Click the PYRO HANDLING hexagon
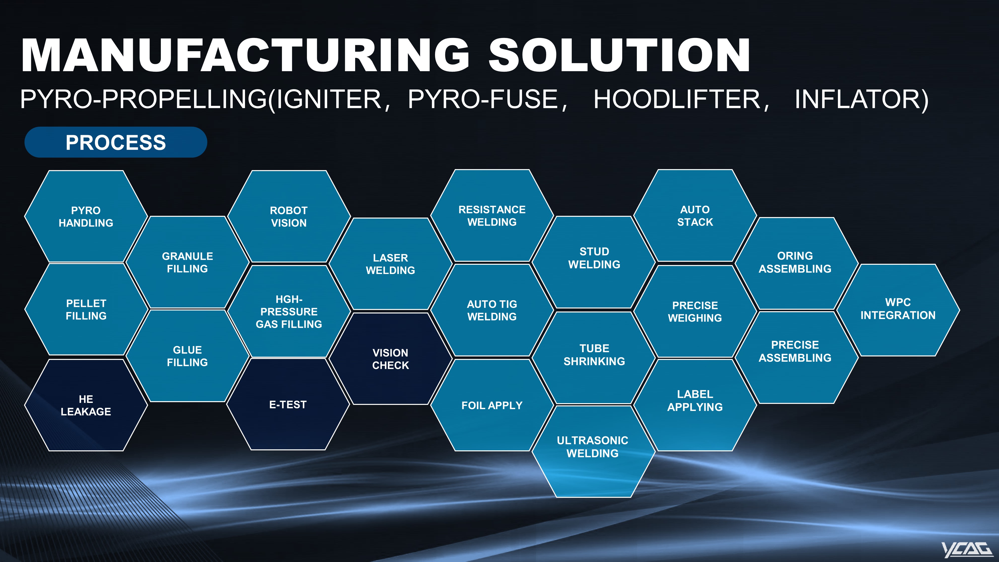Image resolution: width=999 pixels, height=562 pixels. pos(86,216)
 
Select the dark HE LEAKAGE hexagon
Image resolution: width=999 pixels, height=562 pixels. pos(86,405)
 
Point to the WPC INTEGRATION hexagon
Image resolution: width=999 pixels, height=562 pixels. pos(898,310)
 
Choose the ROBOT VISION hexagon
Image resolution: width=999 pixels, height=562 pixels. pos(289,216)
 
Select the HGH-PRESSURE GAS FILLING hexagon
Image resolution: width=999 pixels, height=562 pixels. pos(289,311)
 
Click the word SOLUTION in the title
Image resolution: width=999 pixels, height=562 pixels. pos(619,55)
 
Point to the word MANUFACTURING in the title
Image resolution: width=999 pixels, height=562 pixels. pos(246,55)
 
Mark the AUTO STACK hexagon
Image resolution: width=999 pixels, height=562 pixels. pos(695,215)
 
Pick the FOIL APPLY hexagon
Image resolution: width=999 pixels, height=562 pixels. pos(492,405)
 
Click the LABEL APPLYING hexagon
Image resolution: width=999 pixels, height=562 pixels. pos(695,405)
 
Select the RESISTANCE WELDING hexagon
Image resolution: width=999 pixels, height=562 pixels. pos(492,215)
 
